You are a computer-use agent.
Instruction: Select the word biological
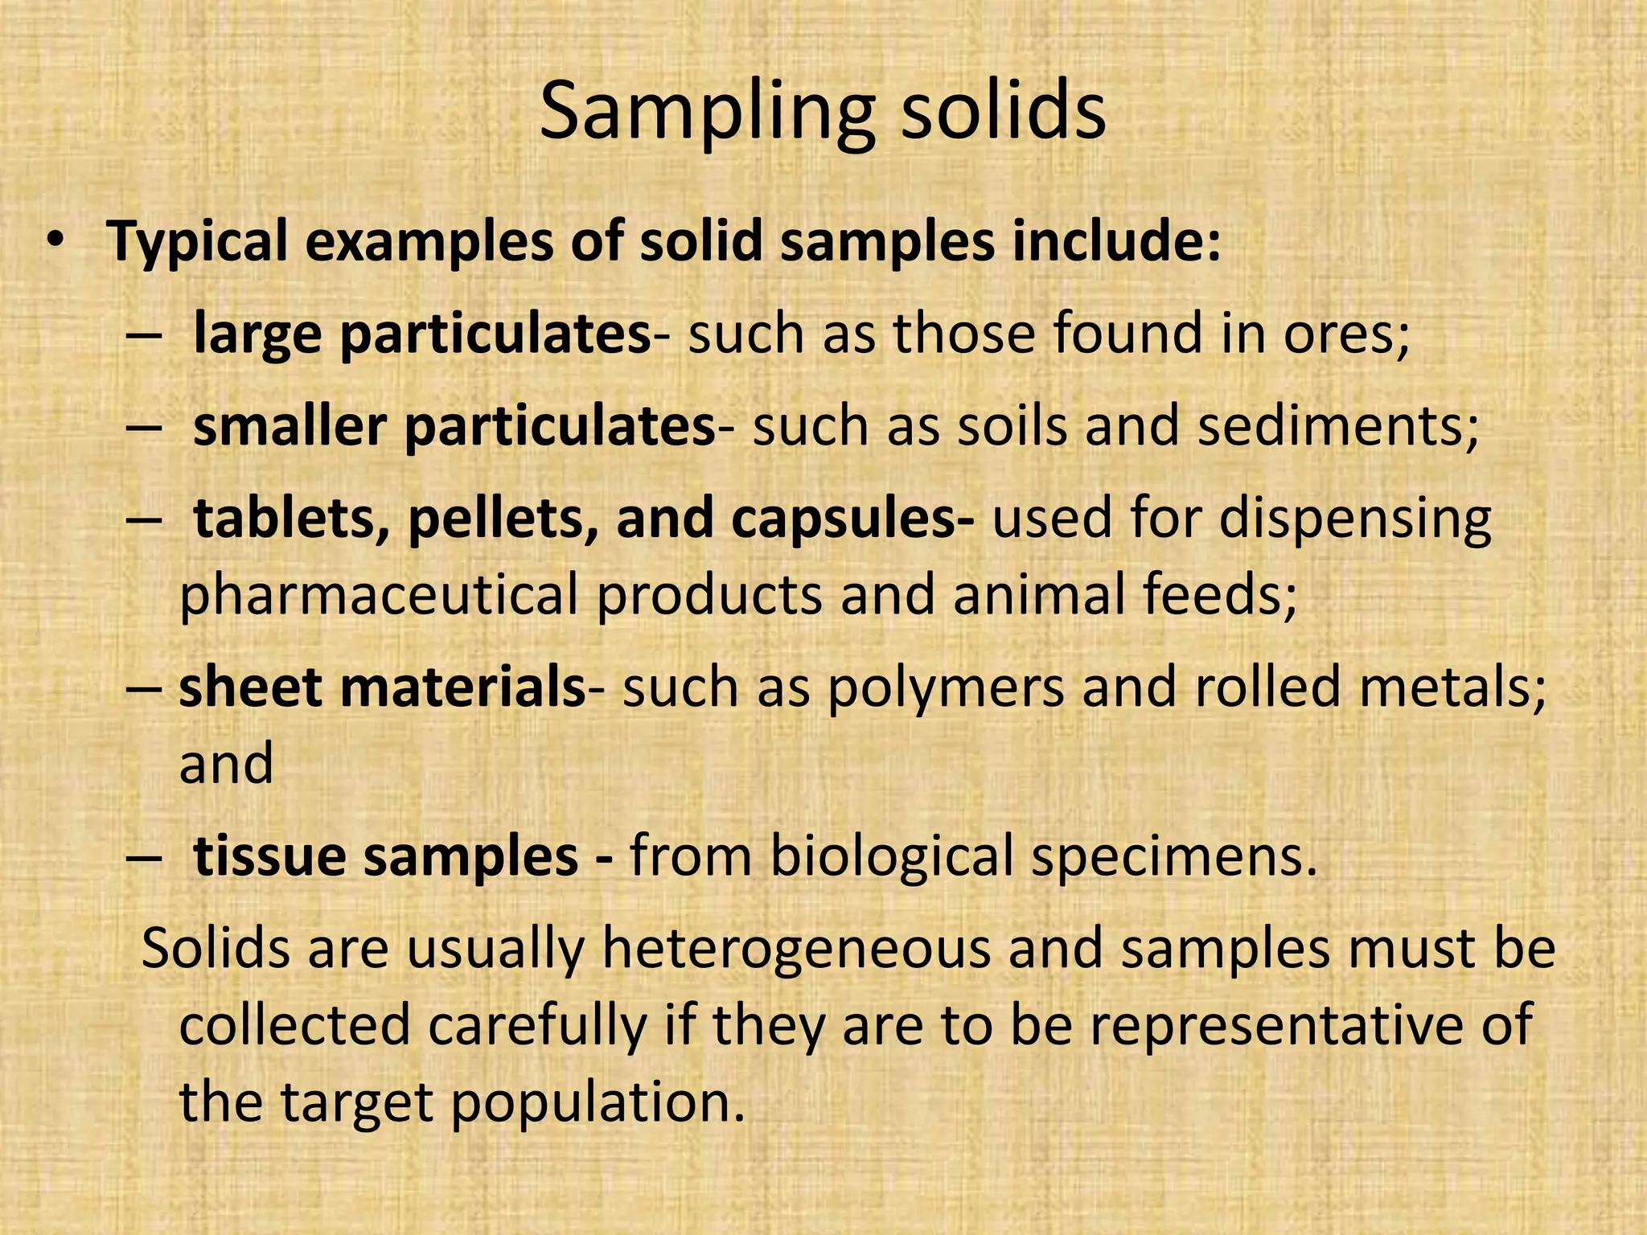coord(892,857)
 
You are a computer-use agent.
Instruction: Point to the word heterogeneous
coord(796,949)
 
